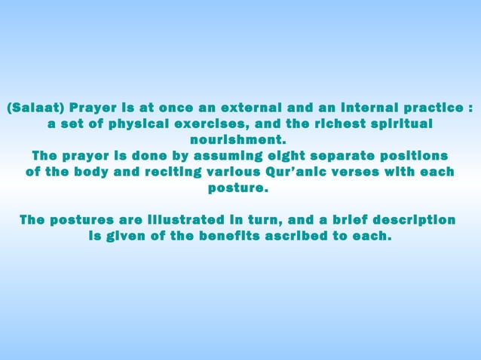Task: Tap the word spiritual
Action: (399, 123)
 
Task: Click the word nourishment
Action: (240, 139)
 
